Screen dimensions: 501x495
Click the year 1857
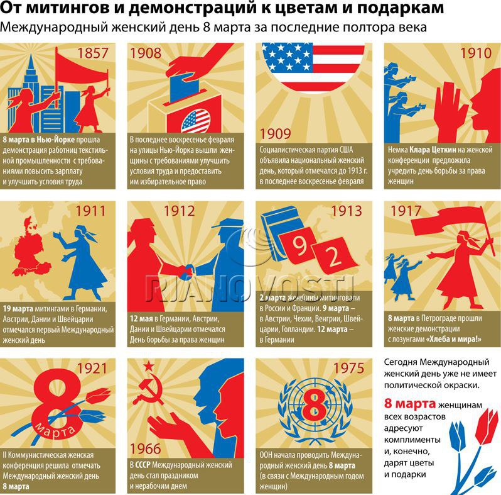pyautogui.click(x=93, y=53)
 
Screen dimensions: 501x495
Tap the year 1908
pyautogui.click(x=146, y=53)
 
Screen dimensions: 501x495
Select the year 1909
pyautogui.click(x=275, y=134)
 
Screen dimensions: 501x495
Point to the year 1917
pyautogui.click(x=406, y=211)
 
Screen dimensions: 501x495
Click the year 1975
pyautogui.click(x=349, y=368)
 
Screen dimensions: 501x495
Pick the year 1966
pyautogui.click(x=146, y=449)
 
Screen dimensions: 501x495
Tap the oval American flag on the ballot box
pyautogui.click(x=196, y=121)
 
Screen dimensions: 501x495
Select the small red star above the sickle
pyautogui.click(x=149, y=366)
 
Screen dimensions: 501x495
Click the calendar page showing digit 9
pyautogui.click(x=298, y=245)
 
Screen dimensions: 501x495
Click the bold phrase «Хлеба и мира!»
pyautogui.click(x=454, y=339)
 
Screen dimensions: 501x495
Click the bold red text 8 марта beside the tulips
pyautogui.click(x=409, y=403)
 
